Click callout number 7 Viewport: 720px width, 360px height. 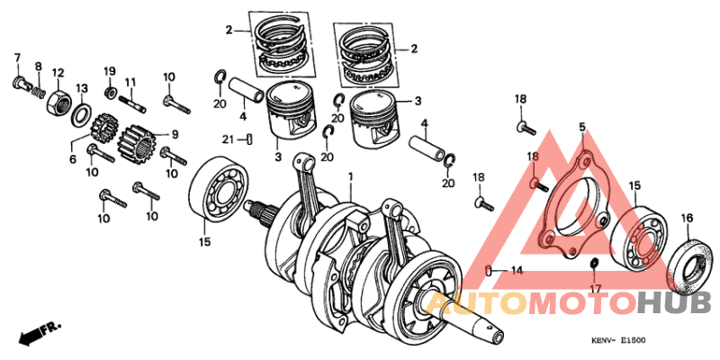16,59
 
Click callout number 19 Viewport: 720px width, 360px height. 110,71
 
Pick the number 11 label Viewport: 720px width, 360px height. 130,82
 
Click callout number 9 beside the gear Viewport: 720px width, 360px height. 175,135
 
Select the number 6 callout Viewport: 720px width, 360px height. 74,158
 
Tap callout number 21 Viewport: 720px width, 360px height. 229,139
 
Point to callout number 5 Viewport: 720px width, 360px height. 581,128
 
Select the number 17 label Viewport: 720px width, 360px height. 595,288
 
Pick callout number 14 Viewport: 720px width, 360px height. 516,270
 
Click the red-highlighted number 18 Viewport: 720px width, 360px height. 533,157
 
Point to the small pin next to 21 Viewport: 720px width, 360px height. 251,139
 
